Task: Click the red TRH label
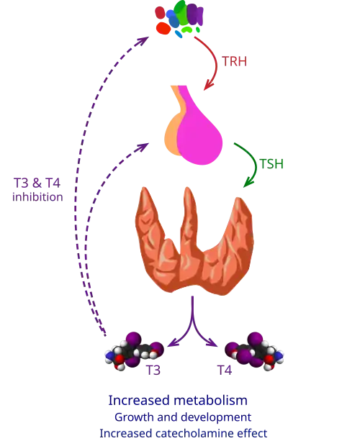(x=234, y=61)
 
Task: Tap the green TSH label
(x=271, y=164)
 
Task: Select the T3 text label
(x=153, y=370)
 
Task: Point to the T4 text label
(x=225, y=370)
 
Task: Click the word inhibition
(x=37, y=197)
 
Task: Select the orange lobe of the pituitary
(x=171, y=134)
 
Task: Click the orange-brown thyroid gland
(x=194, y=242)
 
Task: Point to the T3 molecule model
(x=135, y=352)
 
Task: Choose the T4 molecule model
(x=254, y=351)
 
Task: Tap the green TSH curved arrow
(x=255, y=162)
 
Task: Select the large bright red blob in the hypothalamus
(x=163, y=29)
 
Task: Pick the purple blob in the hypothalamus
(x=195, y=14)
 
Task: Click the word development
(x=216, y=417)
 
